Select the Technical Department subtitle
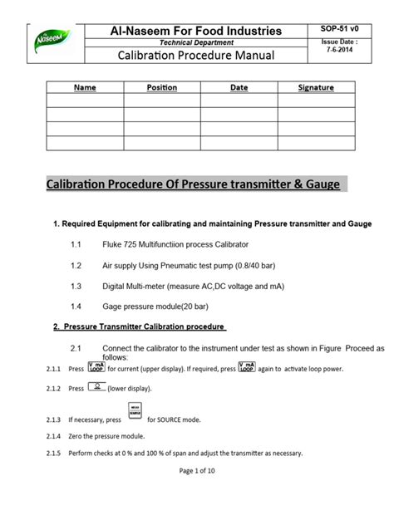point(196,42)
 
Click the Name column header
point(85,87)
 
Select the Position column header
point(162,87)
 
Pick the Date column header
point(239,87)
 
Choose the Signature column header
point(316,87)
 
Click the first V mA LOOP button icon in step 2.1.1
point(96,366)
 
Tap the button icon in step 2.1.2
point(98,387)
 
